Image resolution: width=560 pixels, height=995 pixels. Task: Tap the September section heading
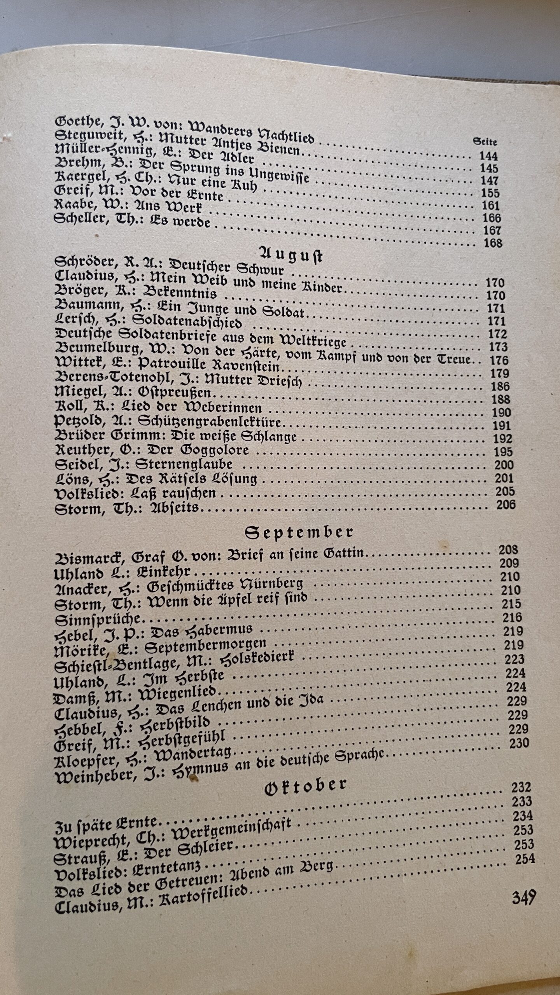(x=299, y=533)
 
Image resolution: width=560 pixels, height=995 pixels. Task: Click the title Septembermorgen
(x=205, y=648)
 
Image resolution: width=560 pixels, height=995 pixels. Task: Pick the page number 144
(x=488, y=156)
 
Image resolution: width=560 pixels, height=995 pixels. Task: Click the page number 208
(x=508, y=550)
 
